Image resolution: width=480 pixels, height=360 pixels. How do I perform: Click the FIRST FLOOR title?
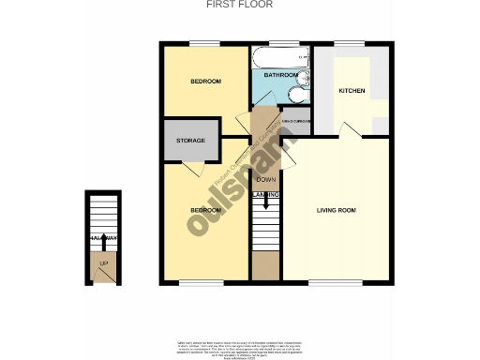pos(239,5)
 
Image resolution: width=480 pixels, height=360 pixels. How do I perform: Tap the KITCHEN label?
pos(352,91)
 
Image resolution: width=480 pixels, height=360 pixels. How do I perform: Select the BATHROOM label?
pos(280,75)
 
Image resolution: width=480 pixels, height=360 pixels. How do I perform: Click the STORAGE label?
pos(190,141)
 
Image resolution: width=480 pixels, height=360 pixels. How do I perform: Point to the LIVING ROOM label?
pos(336,209)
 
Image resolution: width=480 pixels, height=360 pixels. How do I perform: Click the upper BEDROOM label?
pos(205,82)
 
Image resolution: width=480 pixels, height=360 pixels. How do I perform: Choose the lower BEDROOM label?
pos(205,210)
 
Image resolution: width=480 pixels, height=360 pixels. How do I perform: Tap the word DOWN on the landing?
pos(265,179)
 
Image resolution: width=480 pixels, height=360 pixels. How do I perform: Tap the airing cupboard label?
pos(296,122)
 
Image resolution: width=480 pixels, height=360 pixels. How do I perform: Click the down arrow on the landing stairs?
pos(265,200)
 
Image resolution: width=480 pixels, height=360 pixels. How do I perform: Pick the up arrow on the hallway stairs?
pos(103,241)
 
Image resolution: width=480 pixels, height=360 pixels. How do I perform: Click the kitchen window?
pos(349,43)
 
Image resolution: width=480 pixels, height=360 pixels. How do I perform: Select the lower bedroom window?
pos(194,281)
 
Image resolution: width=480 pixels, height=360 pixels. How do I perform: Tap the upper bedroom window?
pos(203,43)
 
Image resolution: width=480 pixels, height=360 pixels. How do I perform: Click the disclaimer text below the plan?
pos(239,347)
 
